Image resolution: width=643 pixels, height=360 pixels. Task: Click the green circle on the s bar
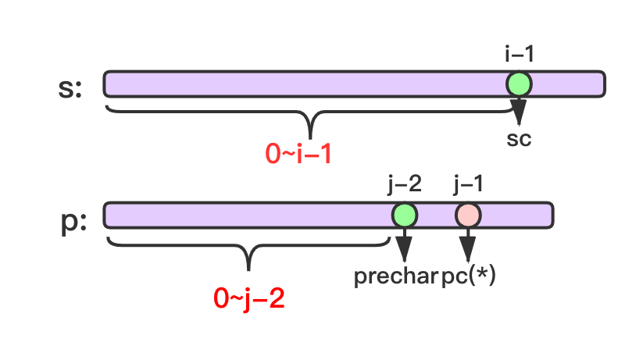(x=518, y=84)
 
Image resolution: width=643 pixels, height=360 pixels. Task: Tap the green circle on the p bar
(x=404, y=215)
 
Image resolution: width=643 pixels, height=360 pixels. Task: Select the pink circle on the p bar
(x=468, y=215)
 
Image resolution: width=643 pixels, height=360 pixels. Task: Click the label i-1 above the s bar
(x=520, y=55)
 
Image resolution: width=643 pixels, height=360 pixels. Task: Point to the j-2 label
(x=405, y=185)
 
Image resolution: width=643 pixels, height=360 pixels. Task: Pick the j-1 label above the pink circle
(x=468, y=185)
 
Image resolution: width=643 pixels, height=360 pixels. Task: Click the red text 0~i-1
(x=298, y=154)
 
